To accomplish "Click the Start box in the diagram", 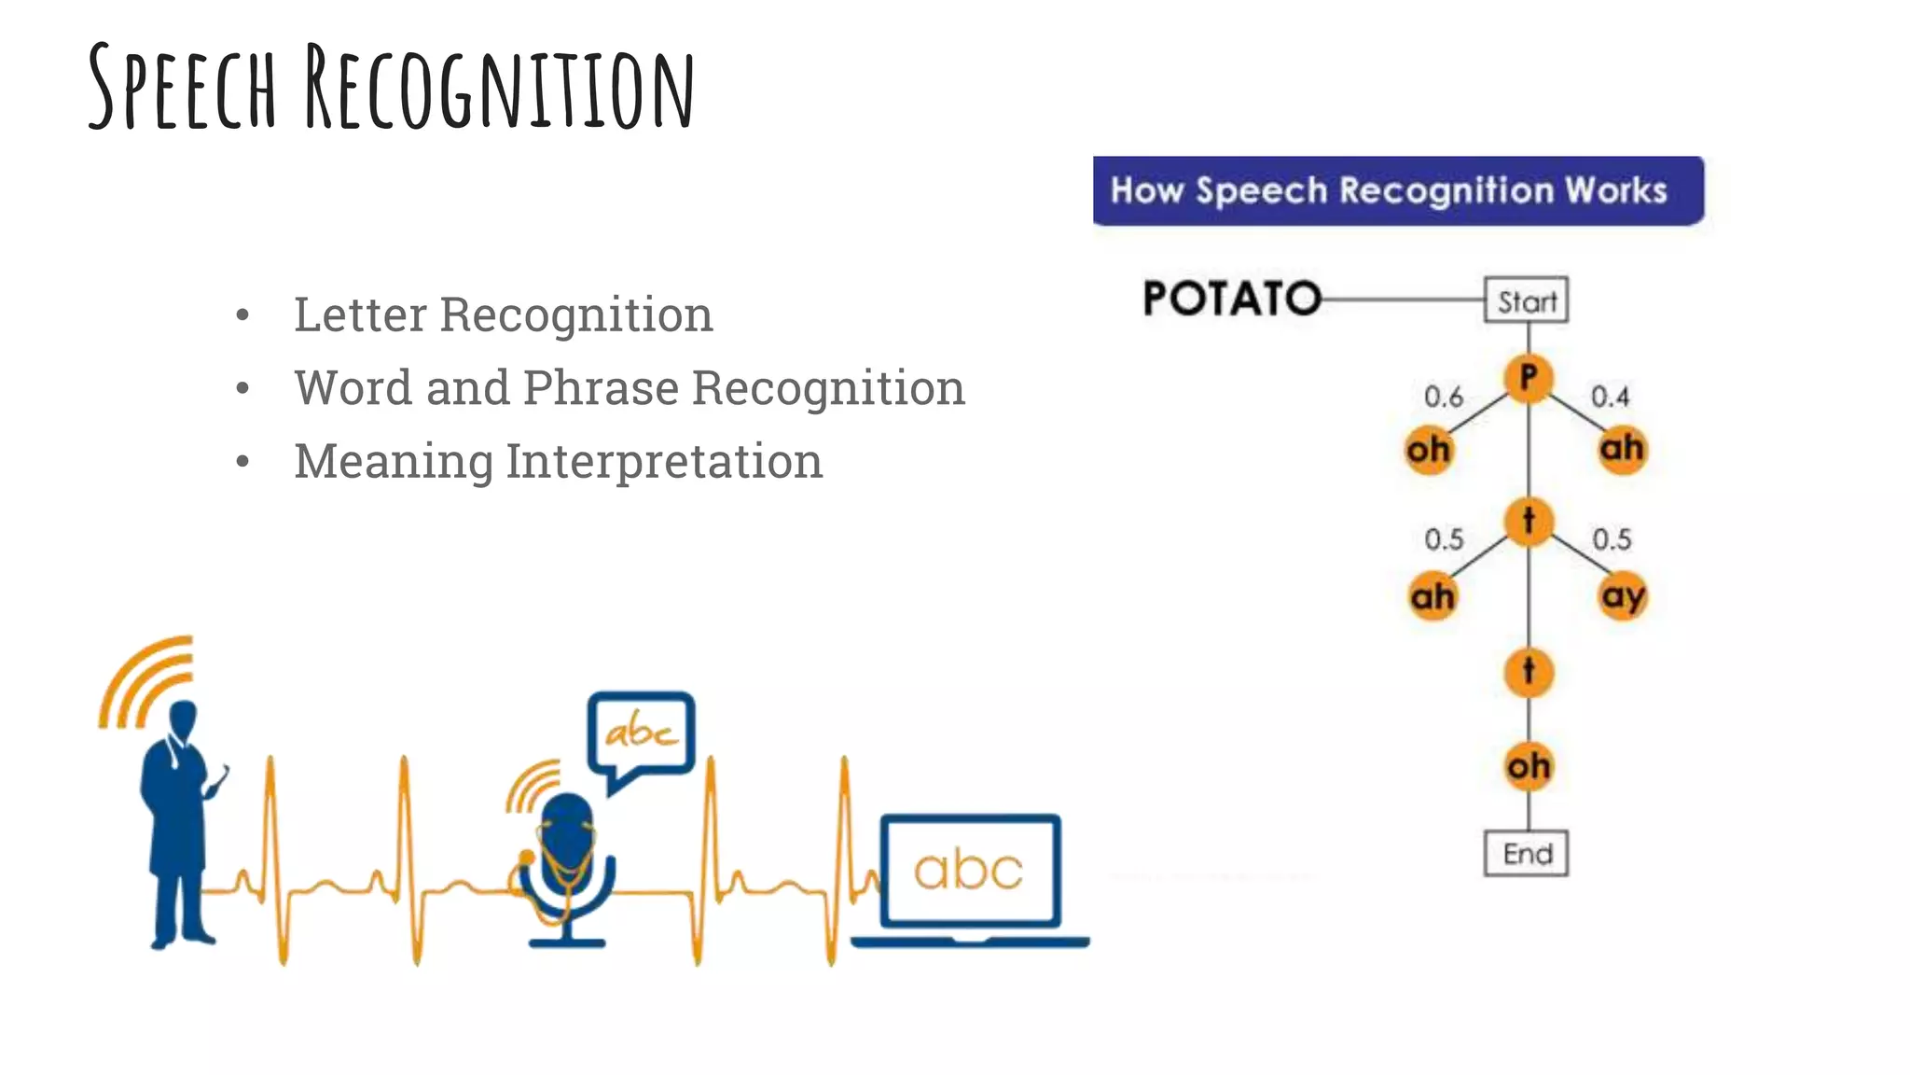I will pyautogui.click(x=1526, y=300).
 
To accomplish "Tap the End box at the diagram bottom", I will pyautogui.click(x=1526, y=853).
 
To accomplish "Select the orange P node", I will pyautogui.click(x=1528, y=379).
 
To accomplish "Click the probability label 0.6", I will pyautogui.click(x=1443, y=398).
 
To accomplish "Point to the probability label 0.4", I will pyautogui.click(x=1610, y=397).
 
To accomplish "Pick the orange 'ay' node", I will pyautogui.click(x=1623, y=595).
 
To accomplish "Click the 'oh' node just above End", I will pyautogui.click(x=1529, y=766).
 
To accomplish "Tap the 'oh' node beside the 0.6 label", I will pyautogui.click(x=1428, y=450).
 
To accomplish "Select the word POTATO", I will pyautogui.click(x=1231, y=300).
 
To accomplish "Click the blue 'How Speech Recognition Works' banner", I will pyautogui.click(x=1397, y=191).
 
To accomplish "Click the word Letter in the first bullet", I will pyautogui.click(x=360, y=314).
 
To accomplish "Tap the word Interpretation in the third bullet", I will pyautogui.click(x=663, y=461).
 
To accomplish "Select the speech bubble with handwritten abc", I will pyautogui.click(x=641, y=733).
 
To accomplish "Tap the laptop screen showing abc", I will pyautogui.click(x=969, y=870).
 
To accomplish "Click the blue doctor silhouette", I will pyautogui.click(x=178, y=821).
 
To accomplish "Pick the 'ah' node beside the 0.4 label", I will pyautogui.click(x=1622, y=449).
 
